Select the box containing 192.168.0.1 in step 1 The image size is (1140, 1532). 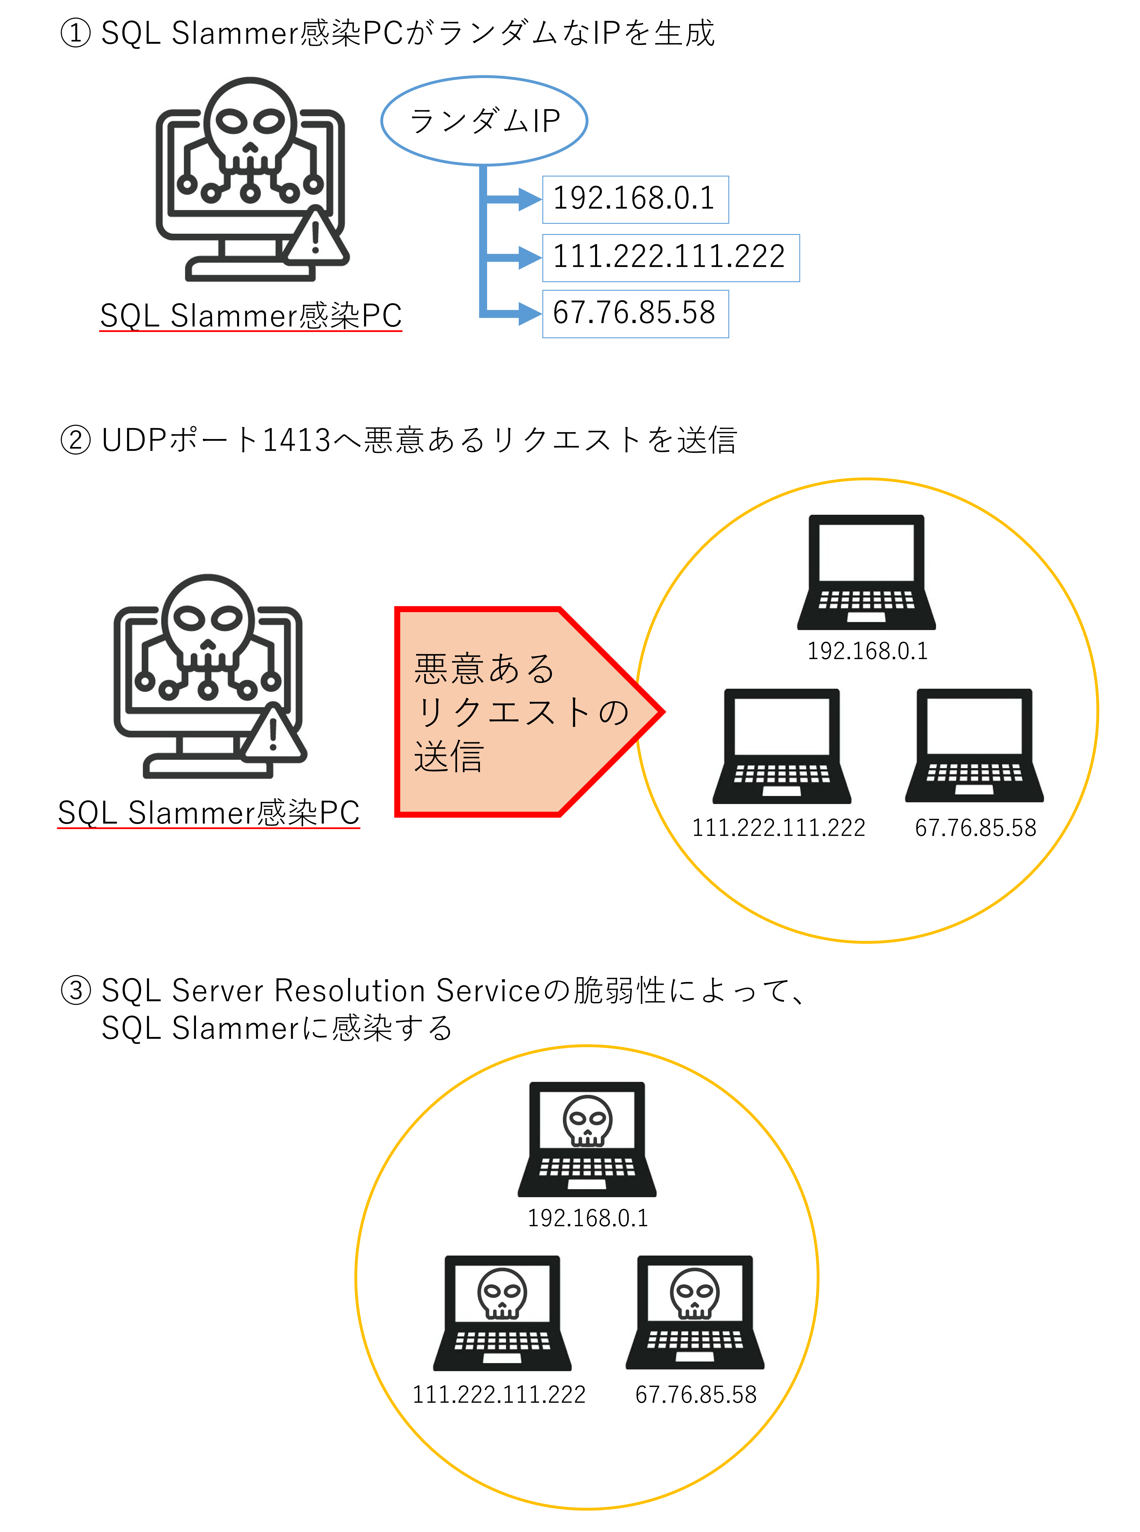(635, 199)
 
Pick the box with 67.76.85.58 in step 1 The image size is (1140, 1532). (635, 314)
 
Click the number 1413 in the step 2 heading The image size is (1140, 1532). (297, 440)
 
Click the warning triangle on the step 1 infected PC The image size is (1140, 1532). (315, 237)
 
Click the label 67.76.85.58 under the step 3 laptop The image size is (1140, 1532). (696, 1395)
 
